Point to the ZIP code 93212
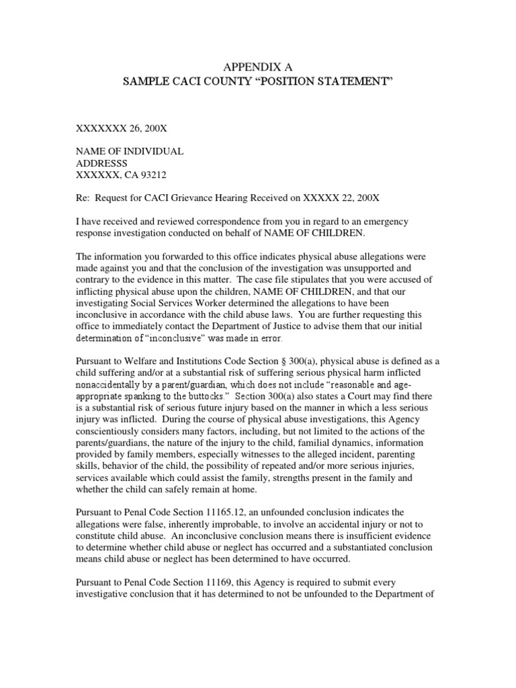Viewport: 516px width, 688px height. point(150,175)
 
